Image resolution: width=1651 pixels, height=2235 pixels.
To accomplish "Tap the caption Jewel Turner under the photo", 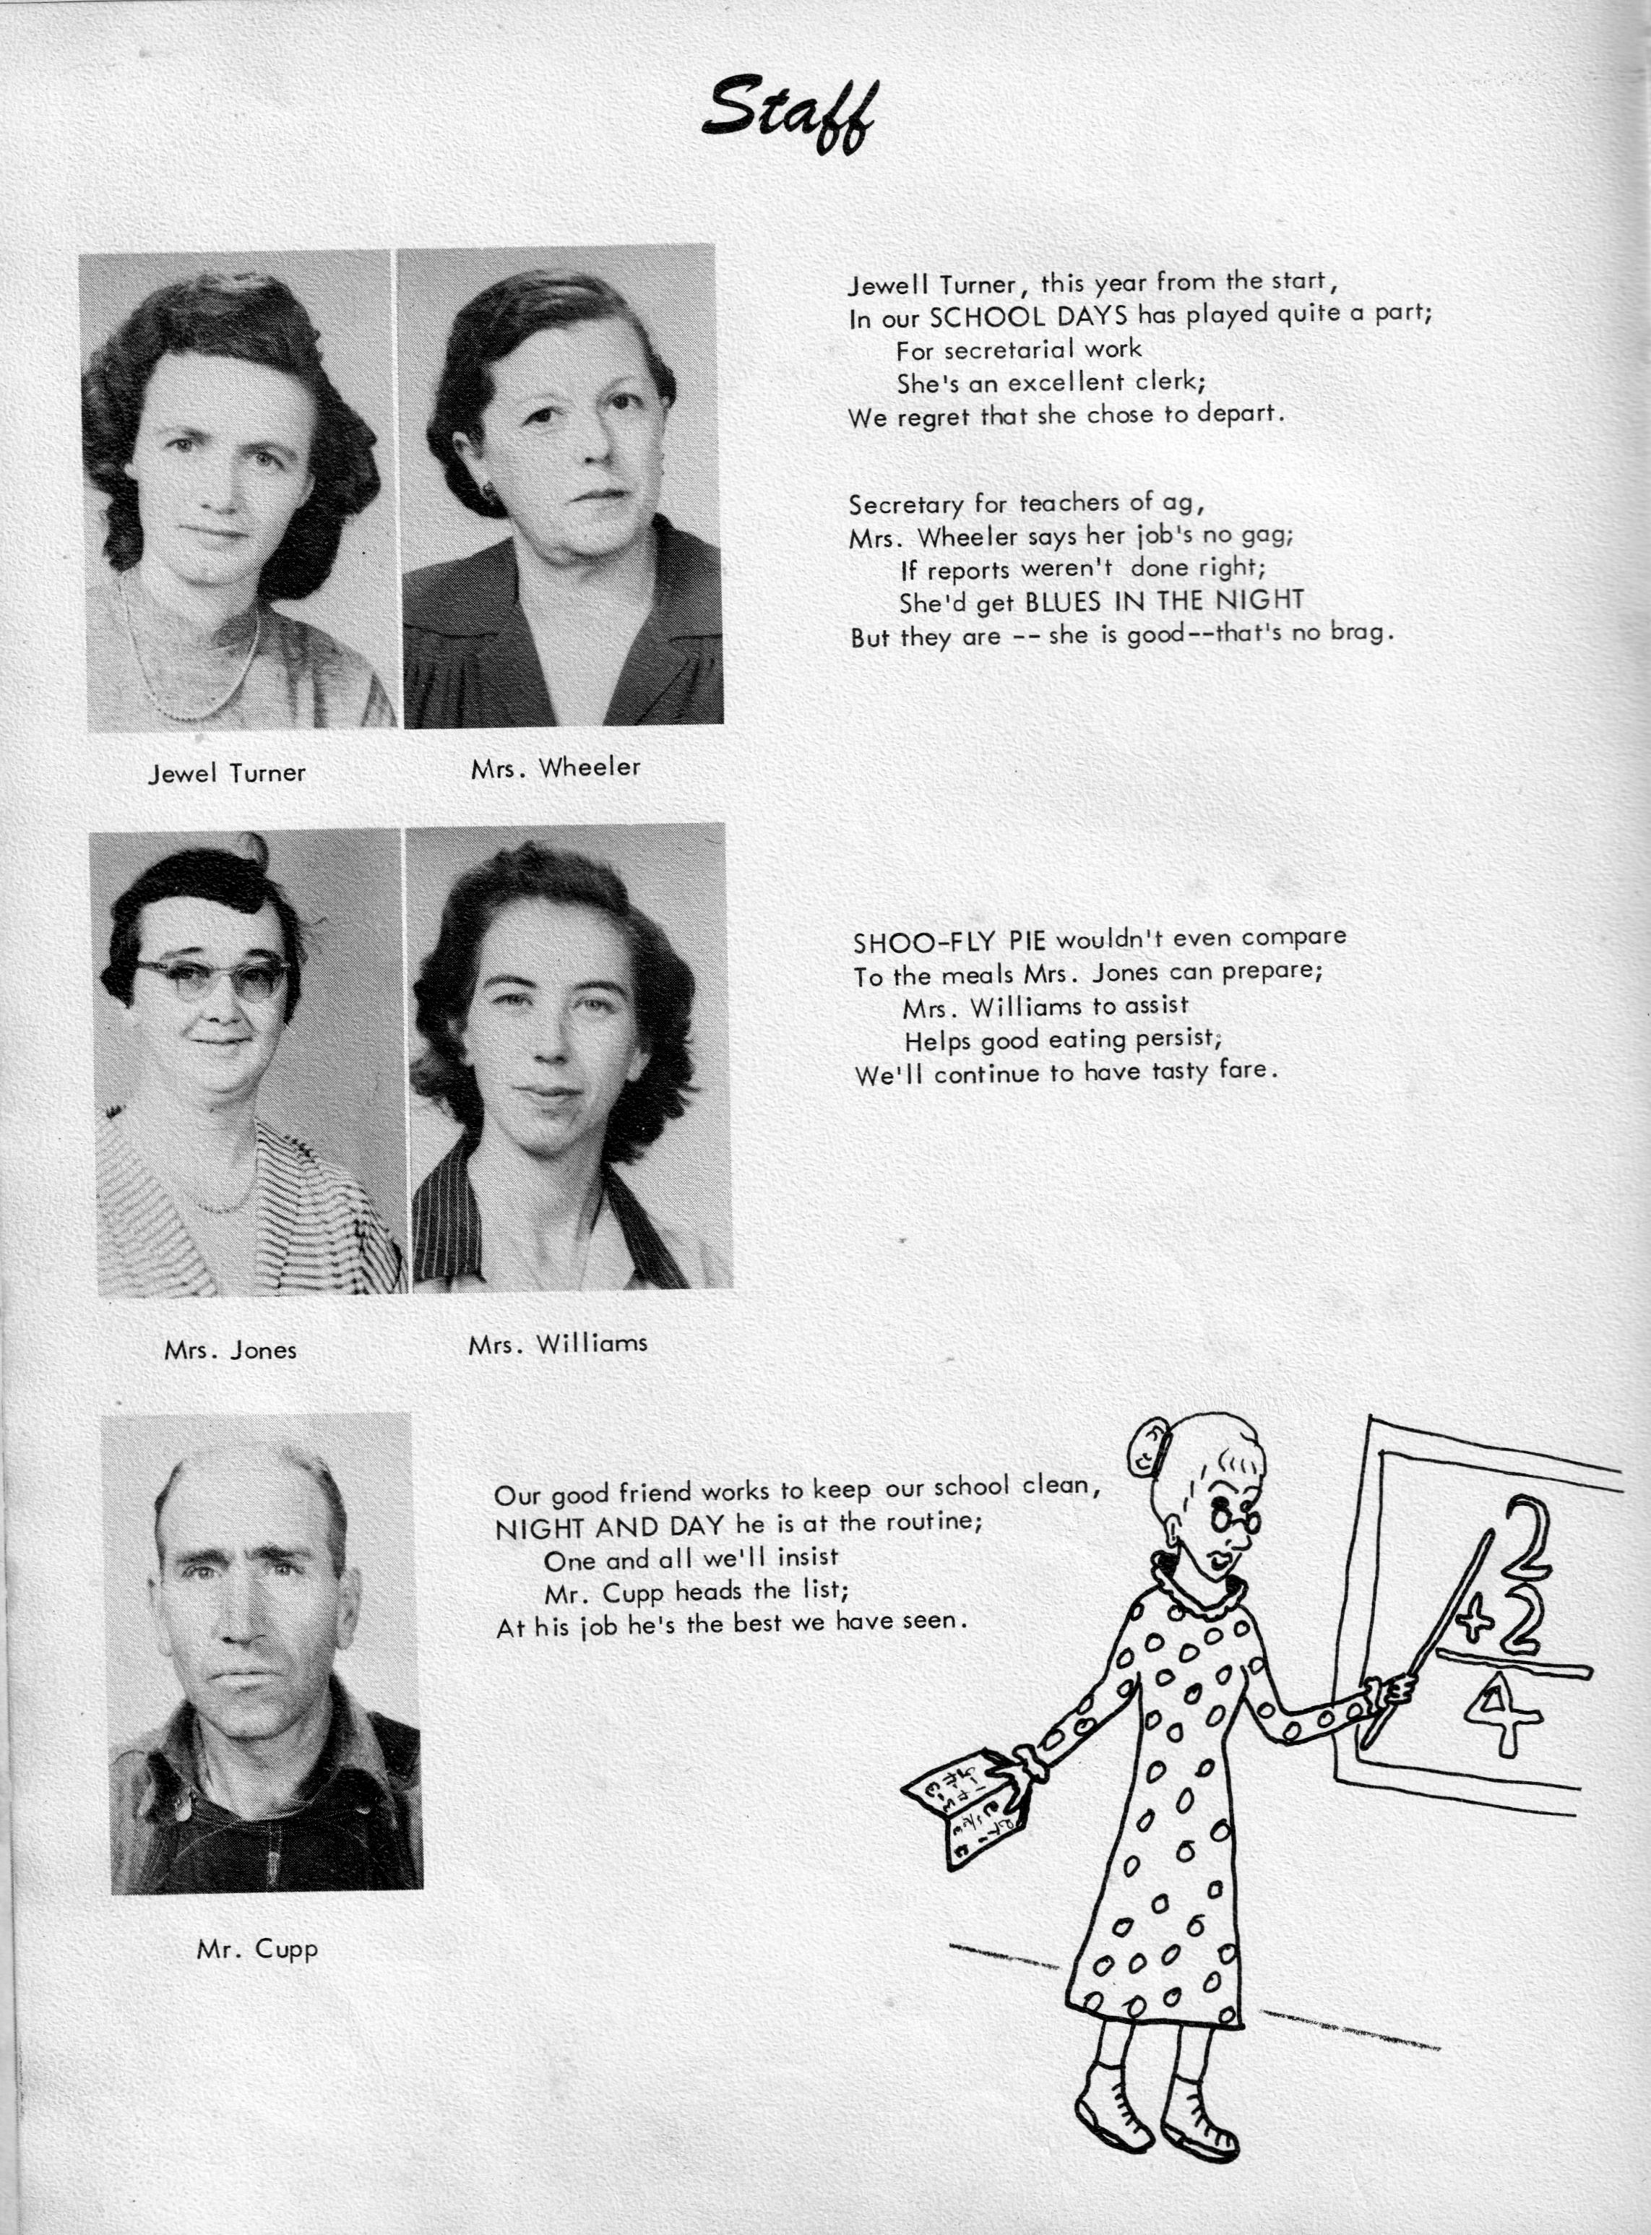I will pos(227,772).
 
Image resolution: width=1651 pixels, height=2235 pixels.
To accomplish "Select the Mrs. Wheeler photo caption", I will pos(555,767).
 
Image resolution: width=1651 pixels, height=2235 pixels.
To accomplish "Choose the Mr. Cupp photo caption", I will pos(258,1949).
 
